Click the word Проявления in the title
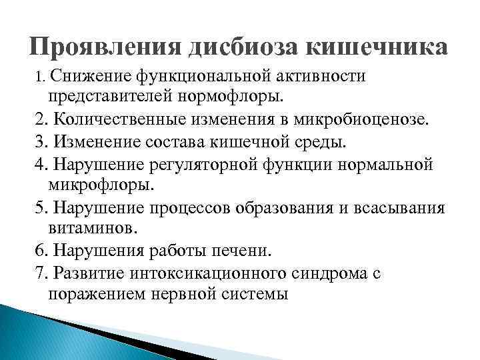point(106,47)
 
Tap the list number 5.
point(39,207)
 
